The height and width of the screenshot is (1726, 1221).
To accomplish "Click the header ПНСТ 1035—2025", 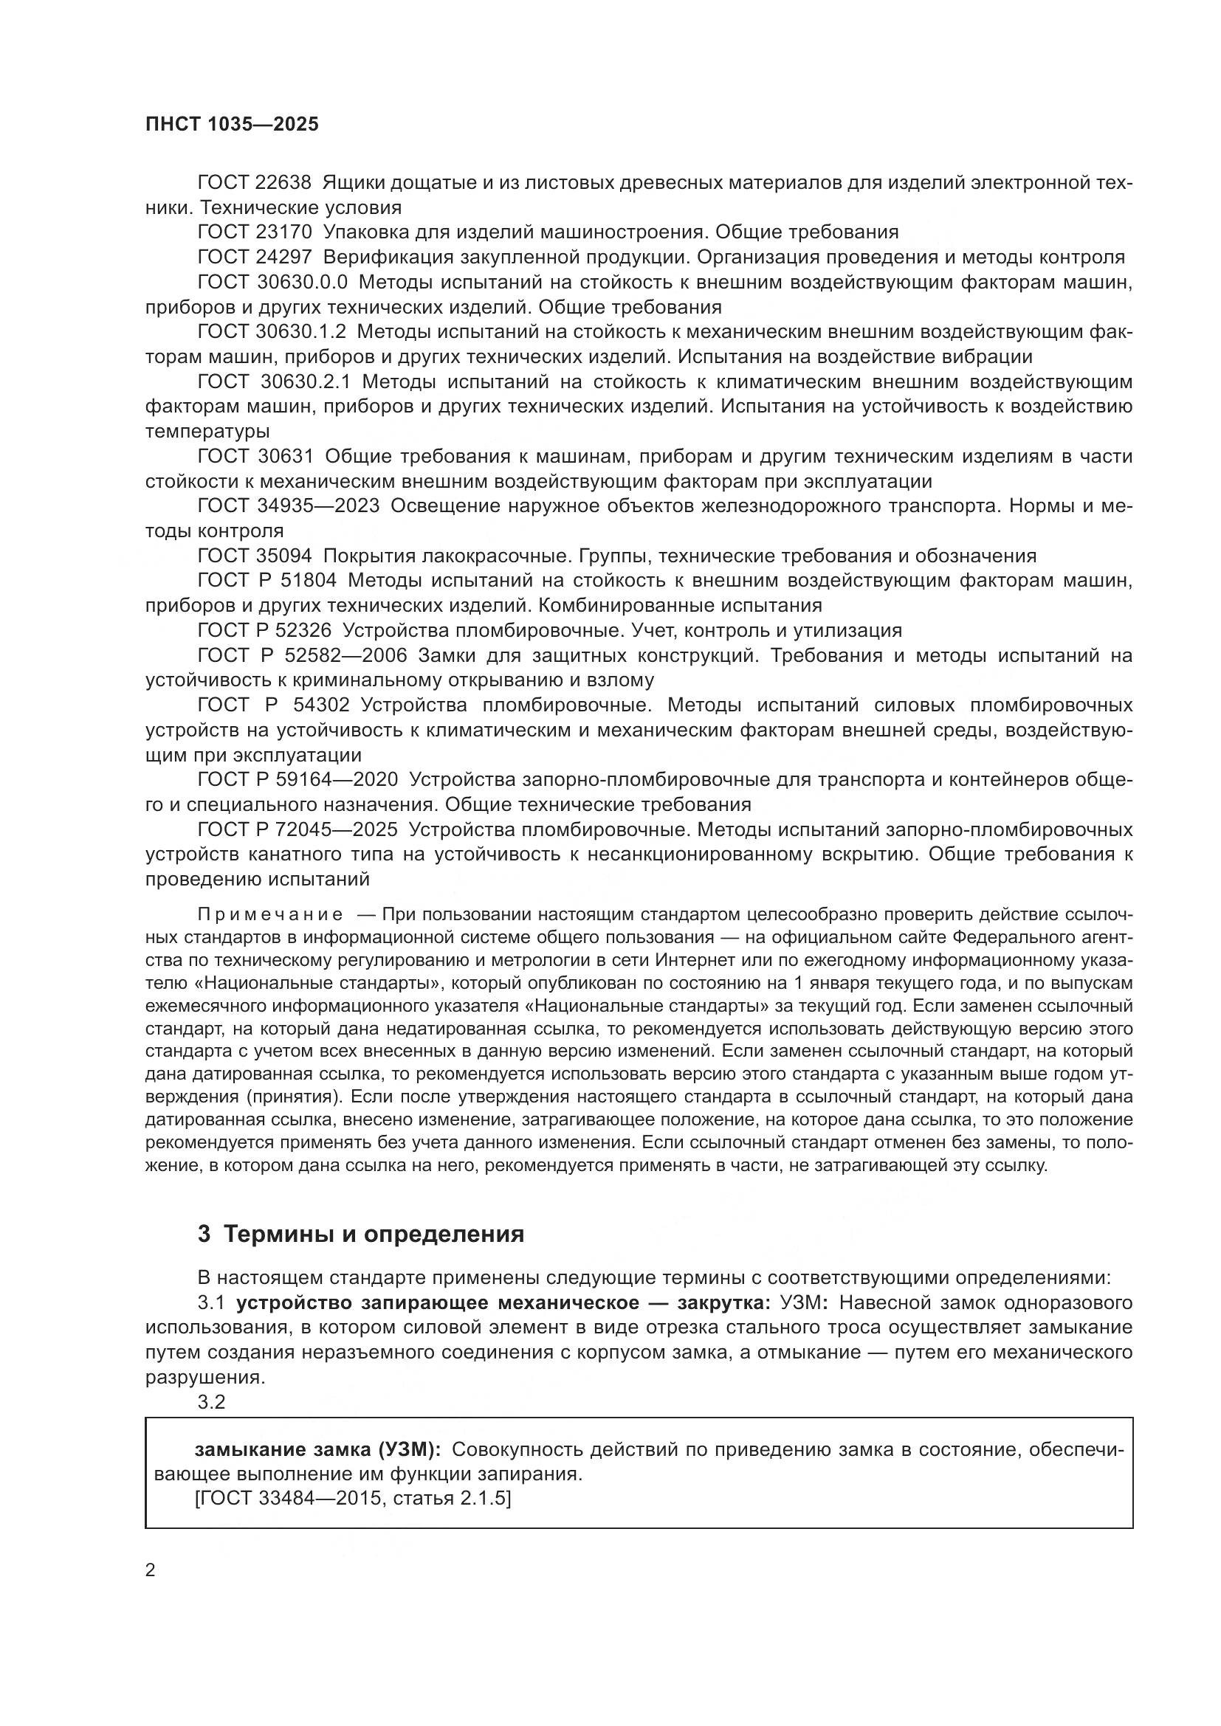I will tap(232, 124).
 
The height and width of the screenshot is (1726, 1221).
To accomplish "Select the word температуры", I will tap(207, 432).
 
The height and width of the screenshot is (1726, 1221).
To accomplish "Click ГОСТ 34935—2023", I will tap(288, 506).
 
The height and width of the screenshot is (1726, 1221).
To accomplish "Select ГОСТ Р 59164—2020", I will tap(297, 779).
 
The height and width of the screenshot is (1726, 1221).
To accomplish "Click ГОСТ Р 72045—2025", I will tap(297, 830).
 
